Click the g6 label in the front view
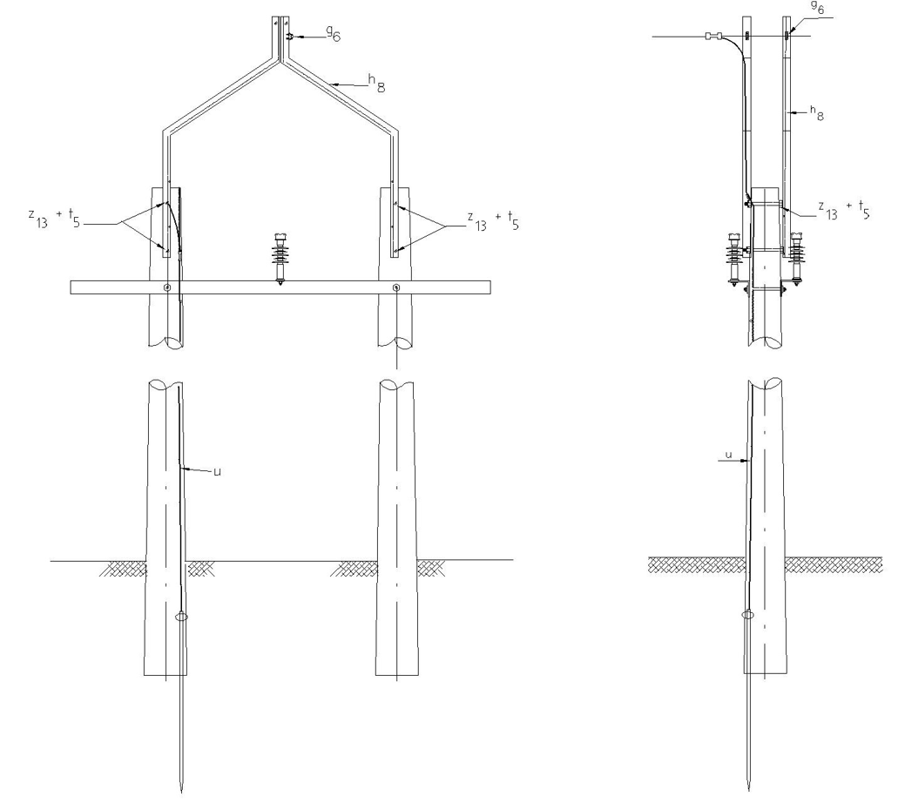pyautogui.click(x=334, y=34)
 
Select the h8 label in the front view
pyautogui.click(x=377, y=84)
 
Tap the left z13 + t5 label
pyautogui.click(x=54, y=218)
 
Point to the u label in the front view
pyautogui.click(x=217, y=472)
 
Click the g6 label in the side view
pyautogui.click(x=817, y=8)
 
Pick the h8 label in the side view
pyautogui.click(x=817, y=113)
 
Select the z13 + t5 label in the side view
pyautogui.click(x=844, y=210)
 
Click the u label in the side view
pyautogui.click(x=728, y=455)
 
